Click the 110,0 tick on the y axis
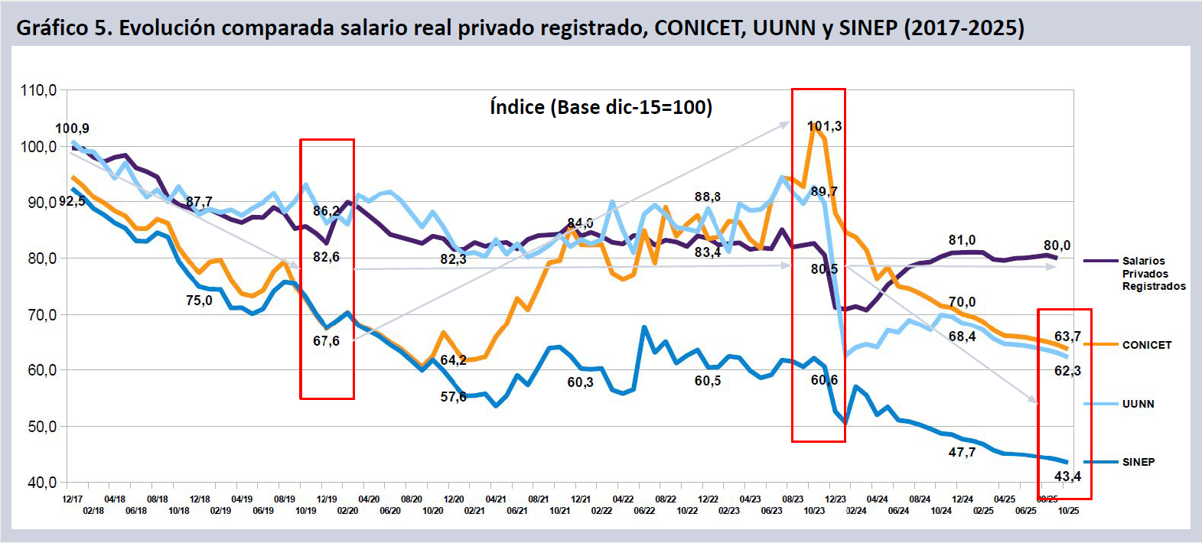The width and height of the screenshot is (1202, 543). pyautogui.click(x=38, y=90)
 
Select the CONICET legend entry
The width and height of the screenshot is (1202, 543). pyautogui.click(x=1146, y=345)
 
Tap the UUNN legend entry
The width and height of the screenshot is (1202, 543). pyautogui.click(x=1138, y=404)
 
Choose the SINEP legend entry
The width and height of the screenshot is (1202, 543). pyautogui.click(x=1138, y=462)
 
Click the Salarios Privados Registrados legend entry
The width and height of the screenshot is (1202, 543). pyautogui.click(x=1153, y=274)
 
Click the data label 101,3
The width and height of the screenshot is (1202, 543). pyautogui.click(x=824, y=126)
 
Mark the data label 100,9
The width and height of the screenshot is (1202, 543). pyautogui.click(x=72, y=128)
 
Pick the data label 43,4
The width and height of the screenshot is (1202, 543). pyautogui.click(x=1067, y=476)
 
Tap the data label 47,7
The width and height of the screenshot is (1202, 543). pyautogui.click(x=962, y=452)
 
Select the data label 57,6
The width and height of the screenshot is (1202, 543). pyautogui.click(x=453, y=397)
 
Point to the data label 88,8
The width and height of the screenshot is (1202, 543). pyautogui.click(x=707, y=197)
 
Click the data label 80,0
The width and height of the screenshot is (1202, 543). pyautogui.click(x=1057, y=245)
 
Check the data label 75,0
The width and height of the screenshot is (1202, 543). pyautogui.click(x=199, y=301)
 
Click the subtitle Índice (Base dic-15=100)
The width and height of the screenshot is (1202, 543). pyautogui.click(x=601, y=107)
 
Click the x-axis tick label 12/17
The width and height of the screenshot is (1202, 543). pyautogui.click(x=73, y=499)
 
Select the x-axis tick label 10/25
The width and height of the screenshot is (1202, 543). pyautogui.click(x=1068, y=511)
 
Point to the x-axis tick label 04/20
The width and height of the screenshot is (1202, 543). pyautogui.click(x=369, y=499)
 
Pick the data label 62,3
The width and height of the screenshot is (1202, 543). pyautogui.click(x=1067, y=371)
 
